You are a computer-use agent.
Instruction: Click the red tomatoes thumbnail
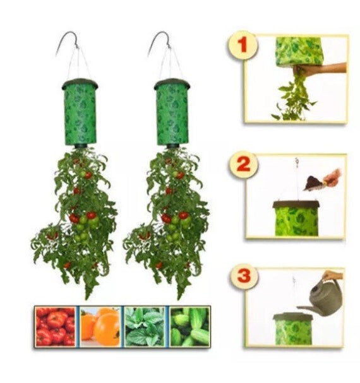(56, 326)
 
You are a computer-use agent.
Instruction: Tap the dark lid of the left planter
(80, 84)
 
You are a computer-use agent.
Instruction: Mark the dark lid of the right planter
(172, 84)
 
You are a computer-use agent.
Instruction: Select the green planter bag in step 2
(296, 221)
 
